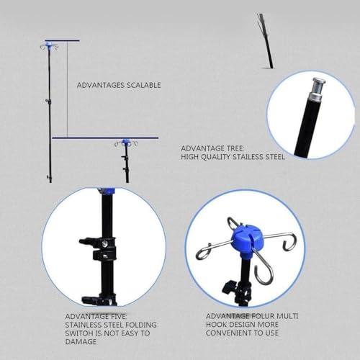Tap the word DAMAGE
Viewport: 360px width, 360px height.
click(x=81, y=342)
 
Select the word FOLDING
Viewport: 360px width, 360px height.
click(x=141, y=325)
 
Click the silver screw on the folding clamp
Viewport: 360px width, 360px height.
click(x=105, y=244)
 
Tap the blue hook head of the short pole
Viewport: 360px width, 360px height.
click(x=125, y=143)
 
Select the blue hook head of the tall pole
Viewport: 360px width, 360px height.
click(x=49, y=44)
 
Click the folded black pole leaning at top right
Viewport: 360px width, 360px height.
click(x=265, y=41)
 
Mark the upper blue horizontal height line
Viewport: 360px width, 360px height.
click(x=62, y=40)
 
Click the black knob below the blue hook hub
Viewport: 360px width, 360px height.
click(x=229, y=286)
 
